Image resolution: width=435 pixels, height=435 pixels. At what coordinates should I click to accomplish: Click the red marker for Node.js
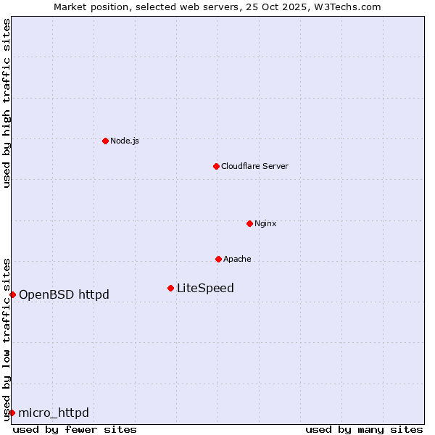coord(105,141)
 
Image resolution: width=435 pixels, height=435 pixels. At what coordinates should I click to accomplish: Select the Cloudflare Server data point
coord(216,166)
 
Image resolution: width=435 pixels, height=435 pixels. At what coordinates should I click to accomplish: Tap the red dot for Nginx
coord(249,223)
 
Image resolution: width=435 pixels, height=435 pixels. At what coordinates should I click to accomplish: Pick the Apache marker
coord(218,259)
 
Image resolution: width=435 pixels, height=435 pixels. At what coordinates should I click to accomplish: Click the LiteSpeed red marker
coord(170,288)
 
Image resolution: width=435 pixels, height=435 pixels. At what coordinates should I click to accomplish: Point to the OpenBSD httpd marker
coord(12,294)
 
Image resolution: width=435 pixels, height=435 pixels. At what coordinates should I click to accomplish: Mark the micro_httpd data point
coord(12,413)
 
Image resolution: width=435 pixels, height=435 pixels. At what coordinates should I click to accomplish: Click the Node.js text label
coord(125,141)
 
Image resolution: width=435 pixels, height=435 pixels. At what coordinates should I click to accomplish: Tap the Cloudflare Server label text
coord(254,166)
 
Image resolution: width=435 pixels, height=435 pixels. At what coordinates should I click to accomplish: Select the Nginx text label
coord(265,223)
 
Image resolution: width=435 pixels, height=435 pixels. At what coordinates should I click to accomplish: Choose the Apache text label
coord(237,259)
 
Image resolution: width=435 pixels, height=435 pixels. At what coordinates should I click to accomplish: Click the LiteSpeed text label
coord(205,288)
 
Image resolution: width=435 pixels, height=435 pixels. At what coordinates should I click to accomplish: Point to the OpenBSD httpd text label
coord(64,294)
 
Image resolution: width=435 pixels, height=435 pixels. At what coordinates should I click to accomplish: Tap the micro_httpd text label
coord(54,413)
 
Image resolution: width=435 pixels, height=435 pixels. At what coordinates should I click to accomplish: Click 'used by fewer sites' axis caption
coord(75,429)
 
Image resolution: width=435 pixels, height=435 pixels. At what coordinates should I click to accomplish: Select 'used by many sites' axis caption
coord(364,429)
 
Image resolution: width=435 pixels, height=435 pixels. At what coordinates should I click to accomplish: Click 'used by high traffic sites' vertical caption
coord(7,103)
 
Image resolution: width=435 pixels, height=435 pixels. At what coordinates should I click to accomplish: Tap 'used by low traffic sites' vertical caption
coord(7,339)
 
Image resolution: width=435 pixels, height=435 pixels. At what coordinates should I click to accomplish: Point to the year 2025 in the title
coord(290,7)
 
